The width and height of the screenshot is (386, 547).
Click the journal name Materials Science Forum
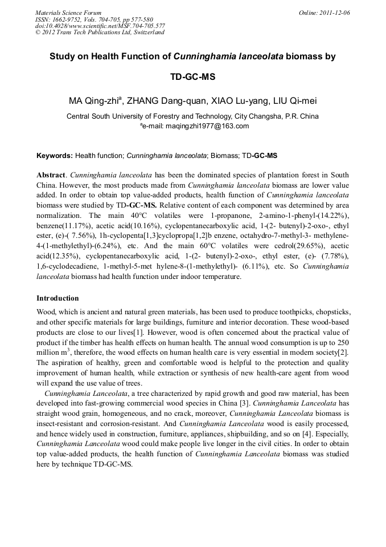pyautogui.click(x=68, y=13)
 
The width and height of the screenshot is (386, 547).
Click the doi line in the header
pyautogui.click(x=100, y=26)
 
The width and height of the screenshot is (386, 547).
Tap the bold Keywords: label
pyautogui.click(x=55, y=156)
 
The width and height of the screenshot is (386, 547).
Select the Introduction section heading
pyautogui.click(x=58, y=298)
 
